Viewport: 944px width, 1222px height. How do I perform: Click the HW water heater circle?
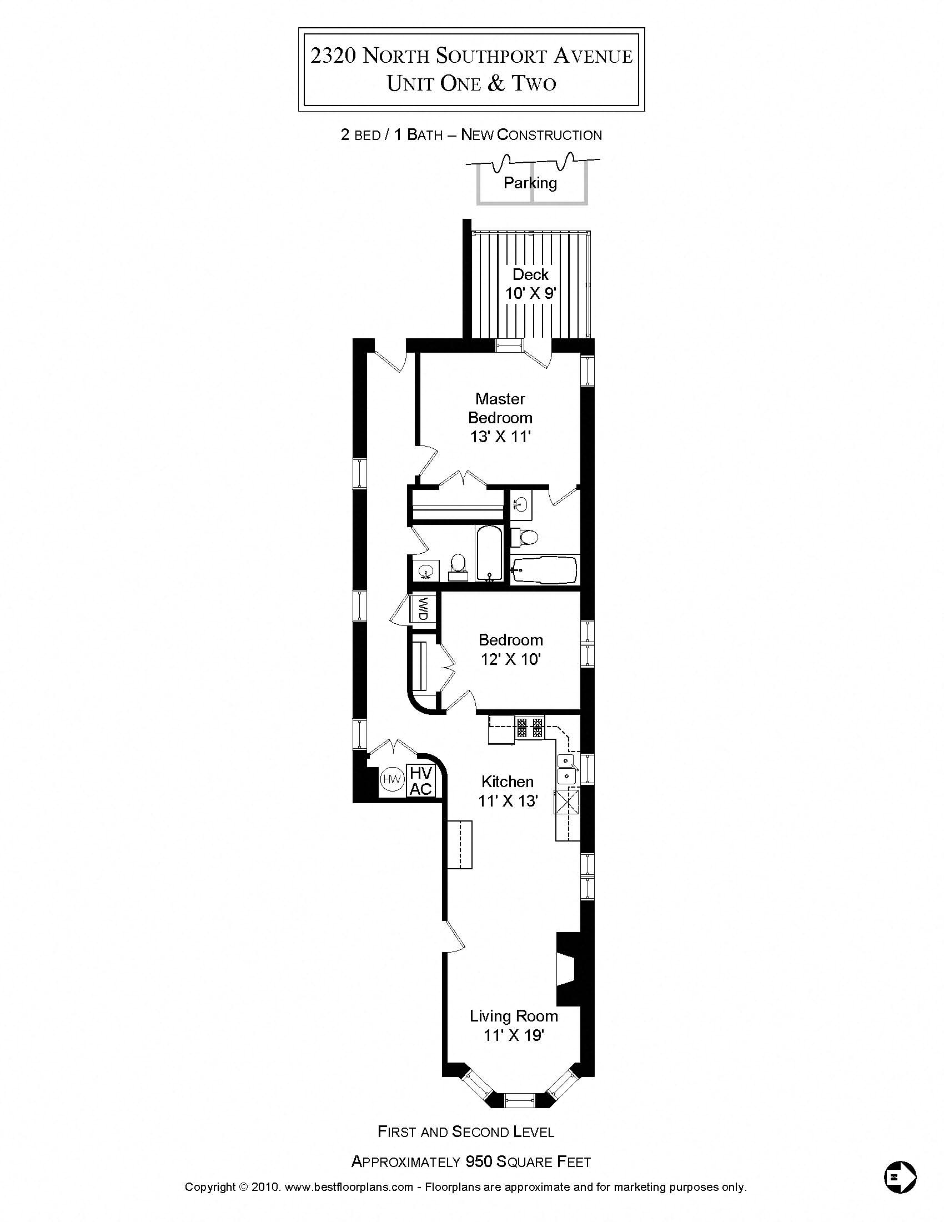392,779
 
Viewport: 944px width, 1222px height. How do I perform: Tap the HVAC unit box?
420,781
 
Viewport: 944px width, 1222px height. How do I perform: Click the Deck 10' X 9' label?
530,284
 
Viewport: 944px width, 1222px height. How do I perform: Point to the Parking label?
530,183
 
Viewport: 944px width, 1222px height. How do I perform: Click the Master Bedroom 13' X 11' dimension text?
500,437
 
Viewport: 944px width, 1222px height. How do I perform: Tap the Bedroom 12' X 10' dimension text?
510,659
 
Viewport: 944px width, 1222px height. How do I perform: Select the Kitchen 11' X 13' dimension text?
507,800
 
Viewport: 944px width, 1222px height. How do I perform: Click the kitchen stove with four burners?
529,729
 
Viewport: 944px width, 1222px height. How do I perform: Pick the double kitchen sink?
567,768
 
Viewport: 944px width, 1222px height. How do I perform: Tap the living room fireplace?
567,969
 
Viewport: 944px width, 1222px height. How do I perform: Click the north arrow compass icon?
900,1176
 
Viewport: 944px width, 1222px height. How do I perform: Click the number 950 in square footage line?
479,1162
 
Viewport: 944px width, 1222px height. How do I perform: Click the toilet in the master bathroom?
524,537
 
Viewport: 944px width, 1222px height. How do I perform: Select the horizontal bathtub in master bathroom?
544,569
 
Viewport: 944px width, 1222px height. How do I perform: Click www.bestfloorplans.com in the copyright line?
349,1187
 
